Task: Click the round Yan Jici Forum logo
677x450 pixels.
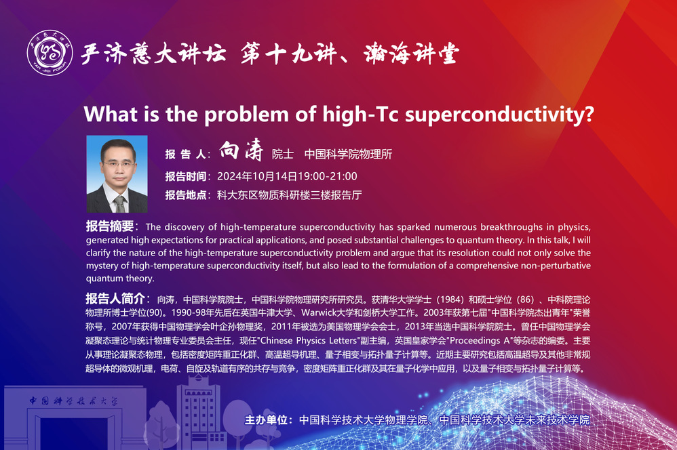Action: [50, 53]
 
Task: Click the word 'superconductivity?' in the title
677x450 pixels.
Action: [499, 115]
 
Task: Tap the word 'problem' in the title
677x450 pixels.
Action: [246, 115]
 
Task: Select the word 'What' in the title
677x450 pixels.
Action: [111, 115]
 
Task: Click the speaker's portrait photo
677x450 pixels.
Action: [117, 174]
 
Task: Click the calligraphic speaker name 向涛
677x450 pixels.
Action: [241, 150]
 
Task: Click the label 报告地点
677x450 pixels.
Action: [186, 195]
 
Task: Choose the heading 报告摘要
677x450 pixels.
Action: [110, 226]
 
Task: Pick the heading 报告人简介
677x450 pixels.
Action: [115, 298]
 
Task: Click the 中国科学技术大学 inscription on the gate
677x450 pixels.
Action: [73, 401]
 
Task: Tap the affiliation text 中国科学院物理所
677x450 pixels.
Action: [348, 154]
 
